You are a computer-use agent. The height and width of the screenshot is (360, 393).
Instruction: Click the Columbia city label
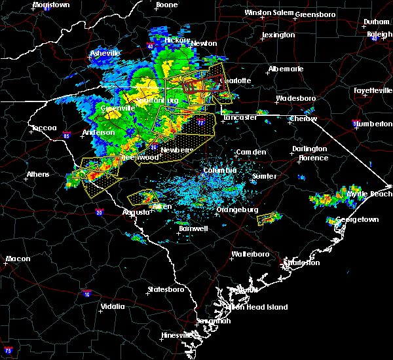coord(220,170)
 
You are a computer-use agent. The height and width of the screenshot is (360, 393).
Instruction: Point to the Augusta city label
coord(136,212)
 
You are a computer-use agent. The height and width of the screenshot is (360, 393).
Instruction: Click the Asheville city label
coord(105,53)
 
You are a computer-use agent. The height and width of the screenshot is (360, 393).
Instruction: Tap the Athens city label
coord(37,175)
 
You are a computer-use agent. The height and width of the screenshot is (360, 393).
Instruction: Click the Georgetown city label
coord(357,220)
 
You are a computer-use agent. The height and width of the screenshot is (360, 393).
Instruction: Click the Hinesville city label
coord(178,336)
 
